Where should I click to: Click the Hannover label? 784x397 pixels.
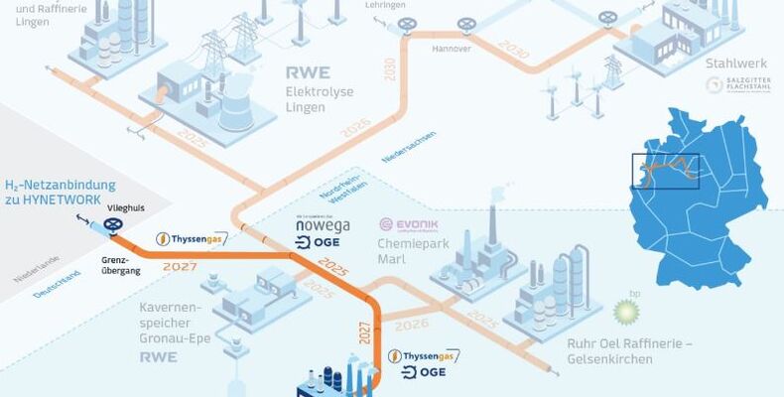pyautogui.click(x=451, y=48)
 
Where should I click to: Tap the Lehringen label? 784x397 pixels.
pyautogui.click(x=385, y=5)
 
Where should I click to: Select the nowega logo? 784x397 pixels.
pyautogui.click(x=324, y=225)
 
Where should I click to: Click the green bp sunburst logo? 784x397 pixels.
pyautogui.click(x=627, y=311)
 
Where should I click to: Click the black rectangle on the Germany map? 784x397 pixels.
pyautogui.click(x=665, y=171)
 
